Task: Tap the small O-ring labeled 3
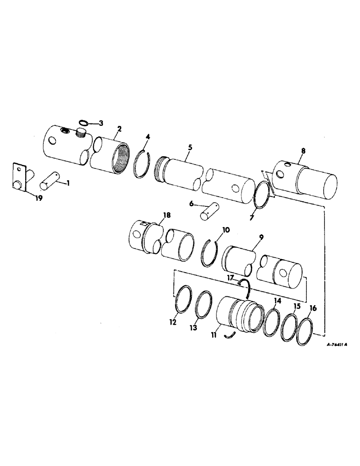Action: point(83,123)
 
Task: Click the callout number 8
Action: point(303,151)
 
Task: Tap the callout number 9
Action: point(261,237)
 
